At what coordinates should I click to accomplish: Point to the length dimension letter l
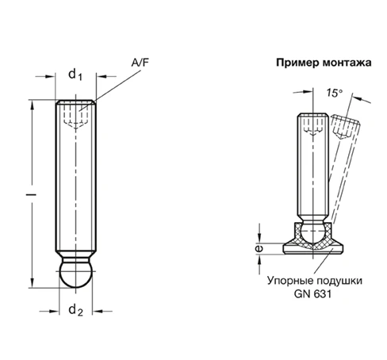29,193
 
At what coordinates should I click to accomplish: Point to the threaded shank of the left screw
75,182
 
